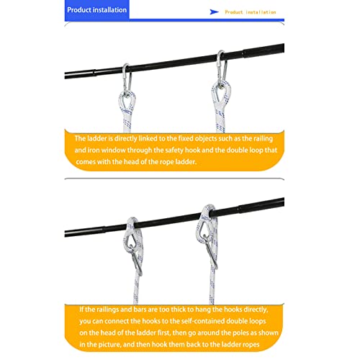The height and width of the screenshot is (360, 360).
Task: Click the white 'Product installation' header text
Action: click(x=96, y=10)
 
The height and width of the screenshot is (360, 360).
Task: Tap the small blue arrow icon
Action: click(x=214, y=12)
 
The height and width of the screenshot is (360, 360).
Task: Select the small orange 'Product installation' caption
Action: click(x=250, y=12)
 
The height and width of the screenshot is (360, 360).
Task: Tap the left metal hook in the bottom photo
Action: click(x=134, y=245)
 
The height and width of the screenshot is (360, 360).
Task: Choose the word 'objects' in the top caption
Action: click(x=215, y=138)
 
